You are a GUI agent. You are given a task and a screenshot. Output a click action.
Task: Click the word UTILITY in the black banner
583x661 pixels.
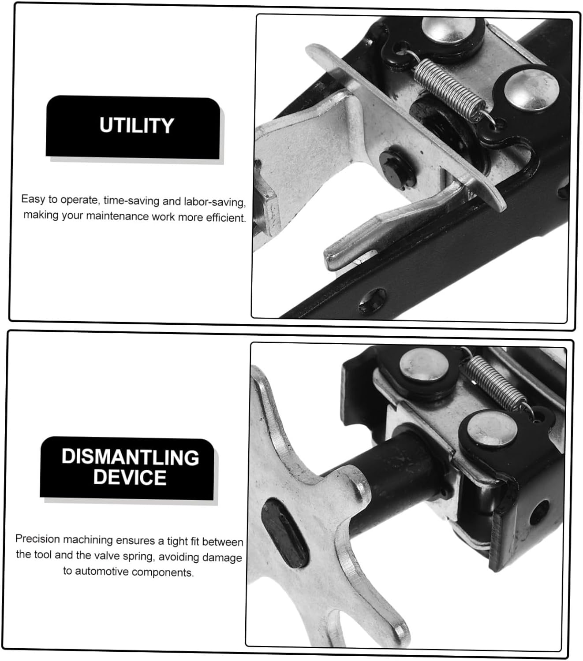click(x=137, y=126)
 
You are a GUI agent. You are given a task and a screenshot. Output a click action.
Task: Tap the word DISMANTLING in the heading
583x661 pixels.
click(x=130, y=457)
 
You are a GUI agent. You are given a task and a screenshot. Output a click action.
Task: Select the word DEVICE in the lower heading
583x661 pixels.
click(x=130, y=478)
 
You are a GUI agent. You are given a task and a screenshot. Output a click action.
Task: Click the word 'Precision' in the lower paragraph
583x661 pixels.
click(x=37, y=539)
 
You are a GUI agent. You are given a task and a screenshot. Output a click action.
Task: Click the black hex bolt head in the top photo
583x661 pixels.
click(x=393, y=169)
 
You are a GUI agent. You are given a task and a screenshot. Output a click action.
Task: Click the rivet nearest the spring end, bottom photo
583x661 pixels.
click(x=491, y=429)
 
